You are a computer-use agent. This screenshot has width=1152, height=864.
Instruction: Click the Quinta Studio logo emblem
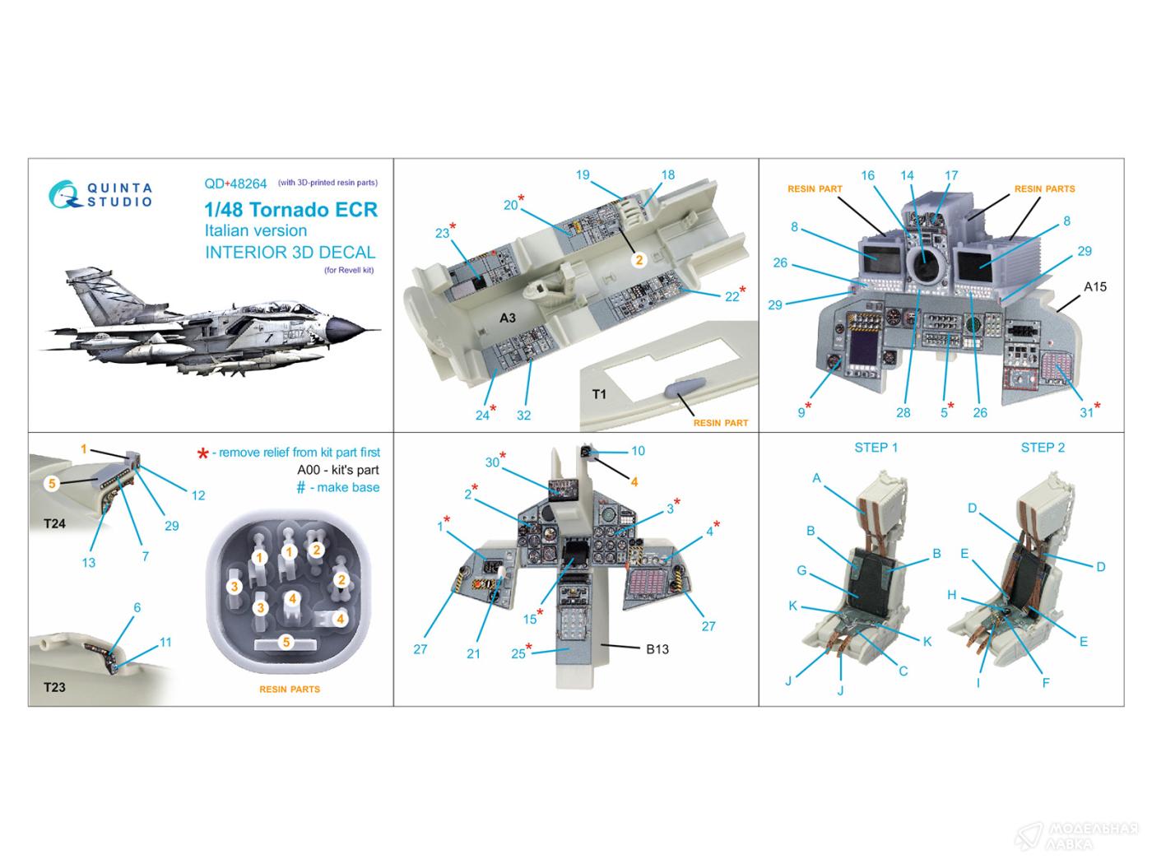coord(65,194)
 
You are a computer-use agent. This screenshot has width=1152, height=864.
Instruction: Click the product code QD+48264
coord(235,183)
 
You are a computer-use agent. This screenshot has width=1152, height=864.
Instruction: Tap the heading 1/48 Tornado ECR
coord(290,210)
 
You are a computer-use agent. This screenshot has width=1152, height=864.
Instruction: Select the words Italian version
coord(256,230)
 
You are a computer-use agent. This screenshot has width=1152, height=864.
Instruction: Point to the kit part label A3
coord(508,318)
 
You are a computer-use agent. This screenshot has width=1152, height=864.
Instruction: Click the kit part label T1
coord(599,394)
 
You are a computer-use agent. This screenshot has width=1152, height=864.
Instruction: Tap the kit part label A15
coord(1094,286)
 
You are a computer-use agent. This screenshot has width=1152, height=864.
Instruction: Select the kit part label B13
coord(657,649)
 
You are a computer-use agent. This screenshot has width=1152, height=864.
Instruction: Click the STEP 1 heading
coord(876,448)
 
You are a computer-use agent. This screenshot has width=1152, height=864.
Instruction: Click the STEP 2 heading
coord(1043,448)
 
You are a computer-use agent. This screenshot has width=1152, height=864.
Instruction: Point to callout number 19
coord(583,174)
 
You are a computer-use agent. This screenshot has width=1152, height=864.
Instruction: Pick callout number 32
coord(524,415)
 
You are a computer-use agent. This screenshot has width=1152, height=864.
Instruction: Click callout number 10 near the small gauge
coord(639,451)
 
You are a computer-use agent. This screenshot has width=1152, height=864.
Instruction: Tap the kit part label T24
coord(54,523)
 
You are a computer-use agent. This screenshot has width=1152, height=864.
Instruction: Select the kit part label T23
coord(54,687)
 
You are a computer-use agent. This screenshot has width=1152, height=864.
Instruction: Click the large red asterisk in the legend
coord(202,453)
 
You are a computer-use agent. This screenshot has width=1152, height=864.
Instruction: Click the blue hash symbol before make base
coord(300,487)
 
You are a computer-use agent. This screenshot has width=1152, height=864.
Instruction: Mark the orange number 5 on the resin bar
coord(286,642)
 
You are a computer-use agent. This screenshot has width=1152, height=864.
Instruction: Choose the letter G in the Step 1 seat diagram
coord(801,569)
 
